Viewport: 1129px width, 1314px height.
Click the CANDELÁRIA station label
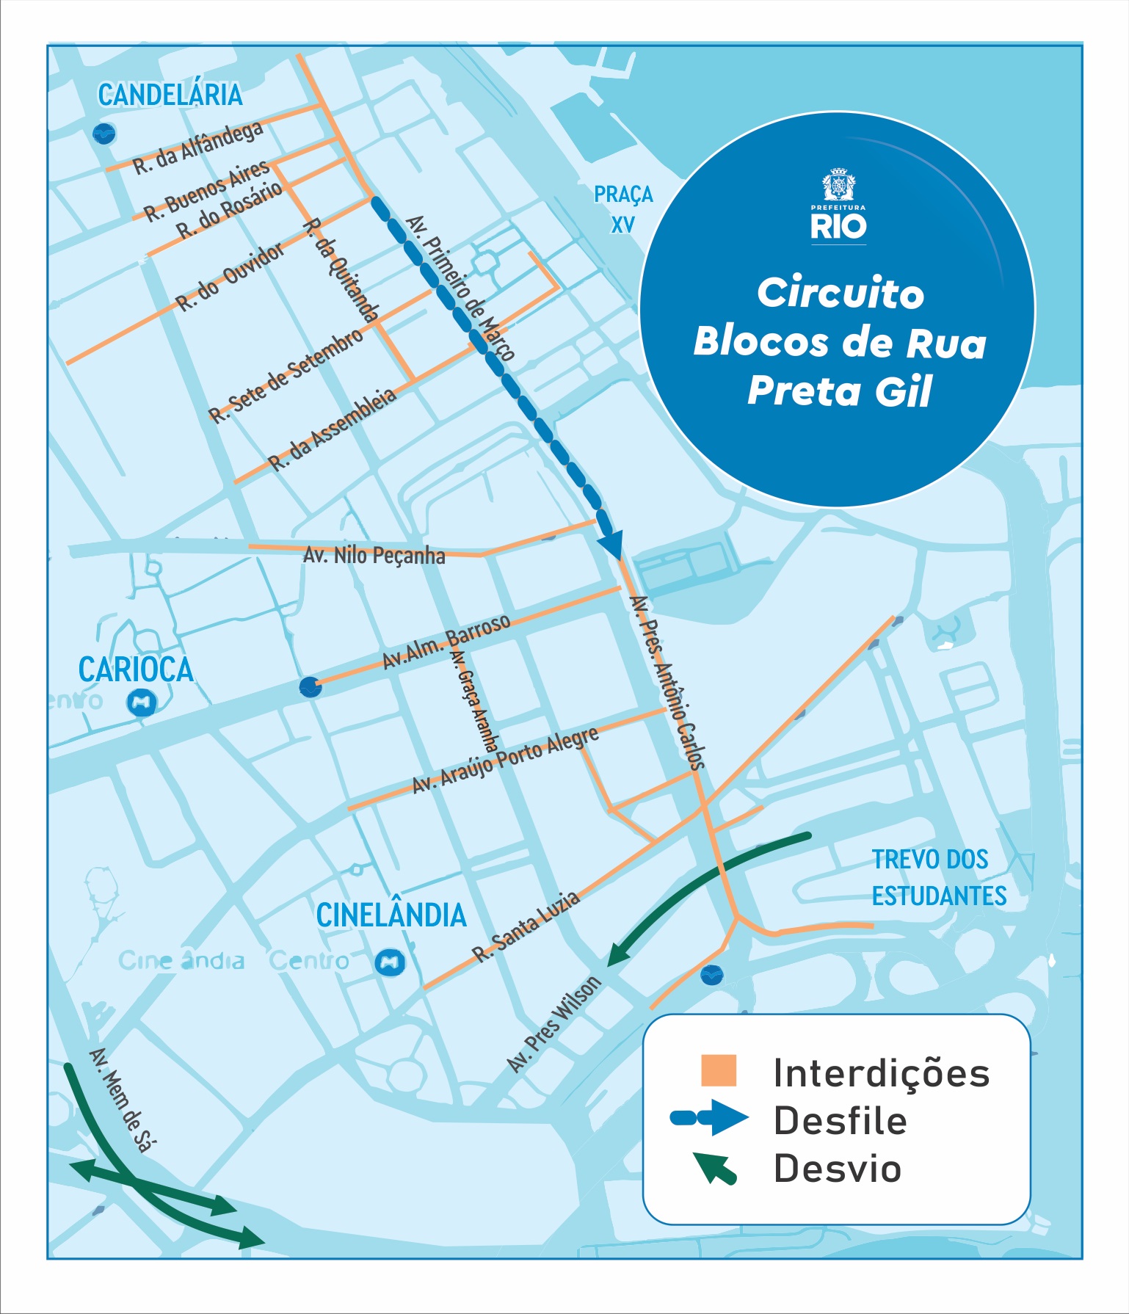pyautogui.click(x=170, y=95)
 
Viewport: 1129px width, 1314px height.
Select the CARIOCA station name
pyautogui.click(x=136, y=669)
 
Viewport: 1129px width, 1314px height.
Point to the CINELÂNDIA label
pyautogui.click(x=391, y=915)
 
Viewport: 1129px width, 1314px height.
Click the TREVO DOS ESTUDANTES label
pyautogui.click(x=939, y=877)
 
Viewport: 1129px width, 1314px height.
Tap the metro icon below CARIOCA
pyautogui.click(x=142, y=703)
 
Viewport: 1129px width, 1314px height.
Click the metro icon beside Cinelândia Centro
pyautogui.click(x=390, y=962)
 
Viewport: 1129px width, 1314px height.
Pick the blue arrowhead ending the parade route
pyautogui.click(x=611, y=543)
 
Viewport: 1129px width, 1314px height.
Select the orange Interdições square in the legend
pyautogui.click(x=718, y=1071)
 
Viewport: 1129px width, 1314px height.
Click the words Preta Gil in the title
pyautogui.click(x=839, y=391)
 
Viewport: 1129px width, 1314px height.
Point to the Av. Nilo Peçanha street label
pyautogui.click(x=374, y=555)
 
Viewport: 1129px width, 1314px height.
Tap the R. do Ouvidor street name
pyautogui.click(x=230, y=277)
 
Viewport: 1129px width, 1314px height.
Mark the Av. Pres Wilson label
pyautogui.click(x=555, y=1024)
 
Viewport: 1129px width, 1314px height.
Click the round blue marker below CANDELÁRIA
pyautogui.click(x=104, y=134)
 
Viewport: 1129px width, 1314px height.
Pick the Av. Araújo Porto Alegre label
pyautogui.click(x=505, y=760)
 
